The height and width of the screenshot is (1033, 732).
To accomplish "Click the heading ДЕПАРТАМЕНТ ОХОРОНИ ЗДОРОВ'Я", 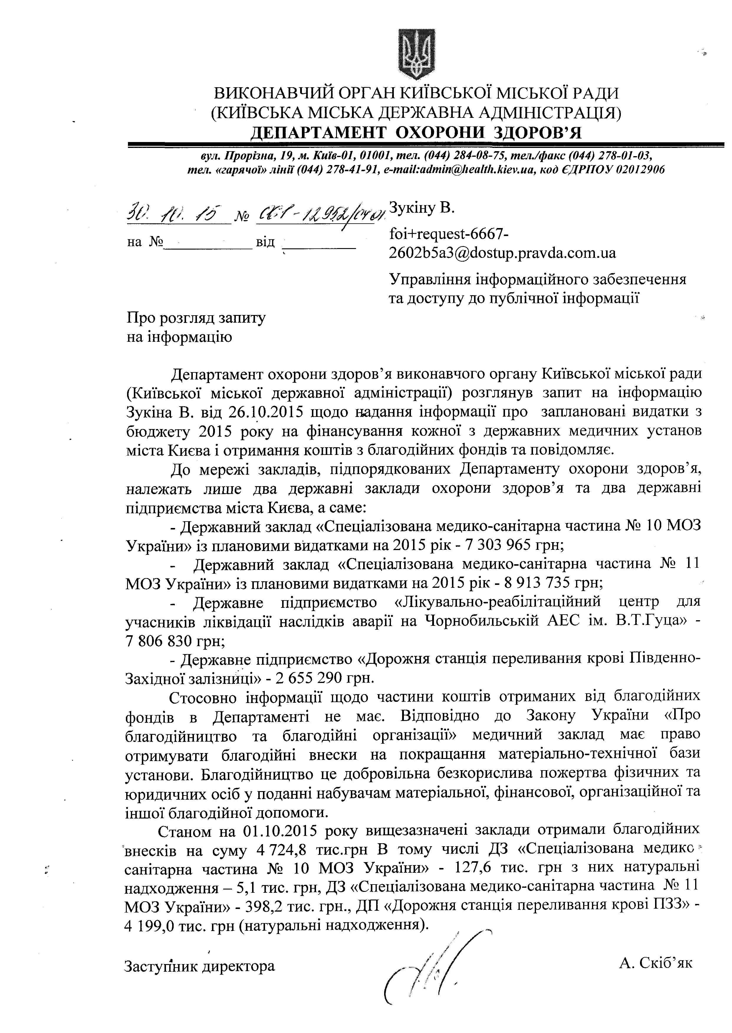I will pos(416,133).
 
